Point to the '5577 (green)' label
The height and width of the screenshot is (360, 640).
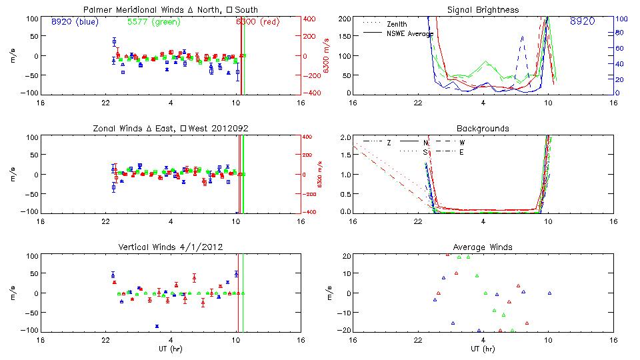point(153,21)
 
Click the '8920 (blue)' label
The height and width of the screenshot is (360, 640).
point(74,21)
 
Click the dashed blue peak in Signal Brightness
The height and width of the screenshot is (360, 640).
point(522,37)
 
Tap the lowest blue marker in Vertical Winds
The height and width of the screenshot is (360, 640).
point(157,326)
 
